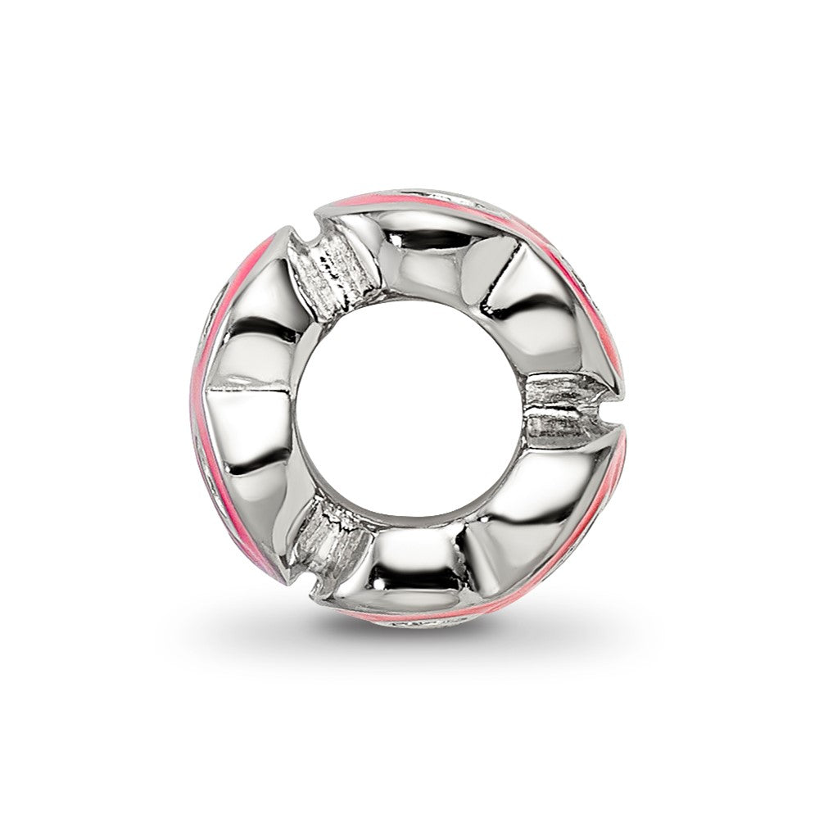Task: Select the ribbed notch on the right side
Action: click(x=565, y=414)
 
